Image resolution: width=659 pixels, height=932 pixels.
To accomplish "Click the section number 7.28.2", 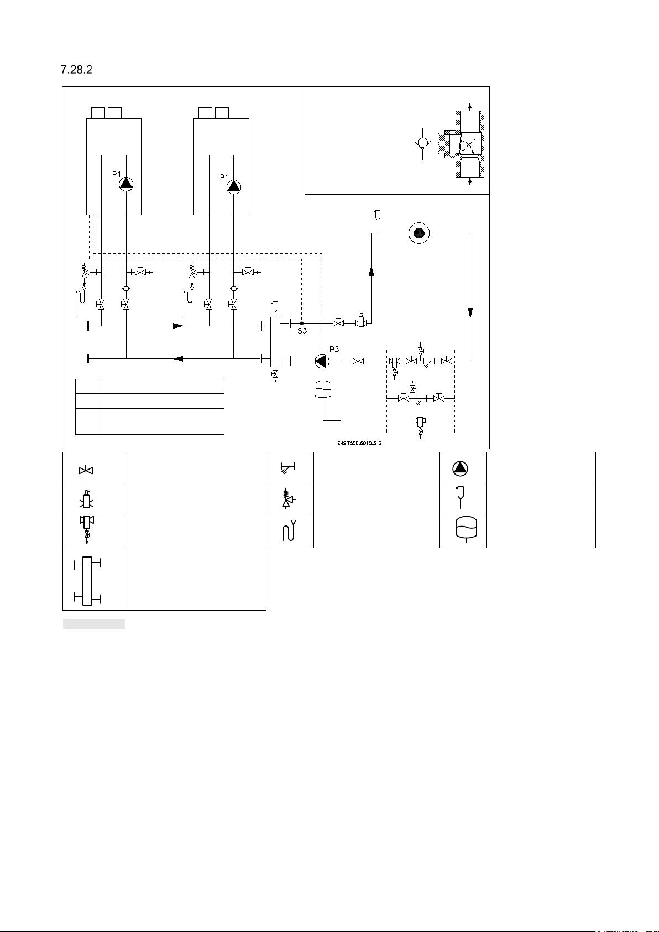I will pos(76,70).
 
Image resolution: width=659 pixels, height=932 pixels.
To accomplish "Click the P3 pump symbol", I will pos(322,361).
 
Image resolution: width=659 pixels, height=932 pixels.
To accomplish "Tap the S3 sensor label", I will pos(302,331).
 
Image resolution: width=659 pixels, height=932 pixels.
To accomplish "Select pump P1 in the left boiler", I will pos(127,184).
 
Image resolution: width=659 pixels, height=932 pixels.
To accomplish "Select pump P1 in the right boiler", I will pos(234,186).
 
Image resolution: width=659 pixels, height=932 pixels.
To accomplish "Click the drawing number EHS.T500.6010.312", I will pos(359,443).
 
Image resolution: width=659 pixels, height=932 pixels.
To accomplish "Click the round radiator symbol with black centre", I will pos(419,233).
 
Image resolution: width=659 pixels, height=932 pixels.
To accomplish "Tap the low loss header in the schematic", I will pos(275,342).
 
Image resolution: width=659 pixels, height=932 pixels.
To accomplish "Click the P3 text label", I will pos(334,349).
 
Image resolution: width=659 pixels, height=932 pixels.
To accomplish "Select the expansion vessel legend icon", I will pos(466,530).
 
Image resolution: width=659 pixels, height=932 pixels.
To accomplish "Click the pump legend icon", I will pos(460,468).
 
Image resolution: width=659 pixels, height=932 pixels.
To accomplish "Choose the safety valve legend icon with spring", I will pos(287,498).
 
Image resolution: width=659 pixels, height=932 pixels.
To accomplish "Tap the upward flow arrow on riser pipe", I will pos(371,270).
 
